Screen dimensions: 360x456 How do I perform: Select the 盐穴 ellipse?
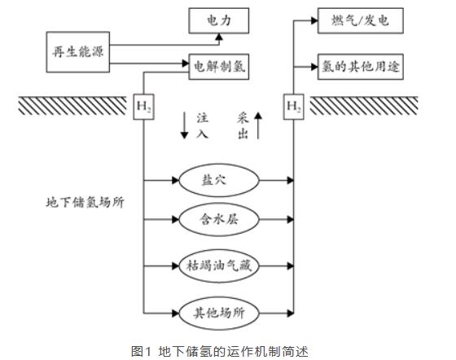(218, 179)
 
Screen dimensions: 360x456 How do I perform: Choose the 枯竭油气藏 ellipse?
(218, 266)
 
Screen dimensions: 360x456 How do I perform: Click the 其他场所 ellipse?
(218, 310)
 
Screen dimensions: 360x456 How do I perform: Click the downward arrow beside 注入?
(184, 126)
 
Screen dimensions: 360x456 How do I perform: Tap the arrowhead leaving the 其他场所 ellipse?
(288, 310)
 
